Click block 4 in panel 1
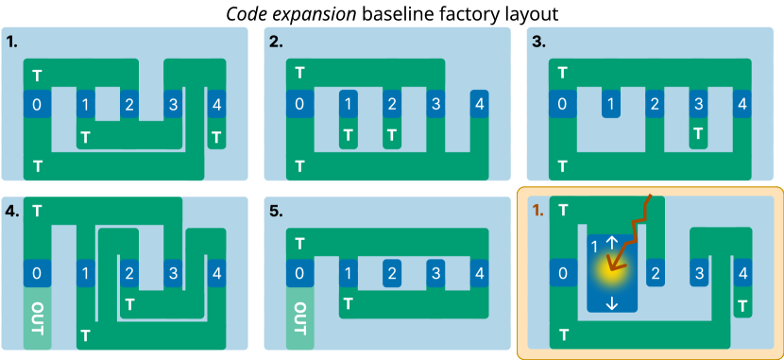(x=217, y=104)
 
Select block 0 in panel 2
(x=299, y=104)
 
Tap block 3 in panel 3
(x=698, y=104)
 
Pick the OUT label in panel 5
(x=299, y=318)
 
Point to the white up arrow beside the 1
(x=611, y=244)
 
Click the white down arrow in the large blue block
(x=611, y=302)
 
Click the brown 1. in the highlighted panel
(x=537, y=212)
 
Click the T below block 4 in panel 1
(x=217, y=138)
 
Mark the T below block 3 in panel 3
(x=698, y=134)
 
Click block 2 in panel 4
(x=128, y=274)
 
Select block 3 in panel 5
(x=435, y=274)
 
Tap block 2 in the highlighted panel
(x=654, y=274)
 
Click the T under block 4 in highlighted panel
(x=742, y=306)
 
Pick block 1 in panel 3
(x=611, y=104)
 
